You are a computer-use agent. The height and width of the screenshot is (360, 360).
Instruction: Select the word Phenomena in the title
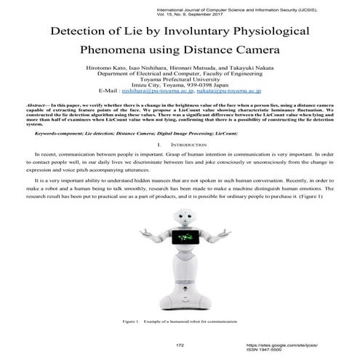pyautogui.click(x=116, y=52)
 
